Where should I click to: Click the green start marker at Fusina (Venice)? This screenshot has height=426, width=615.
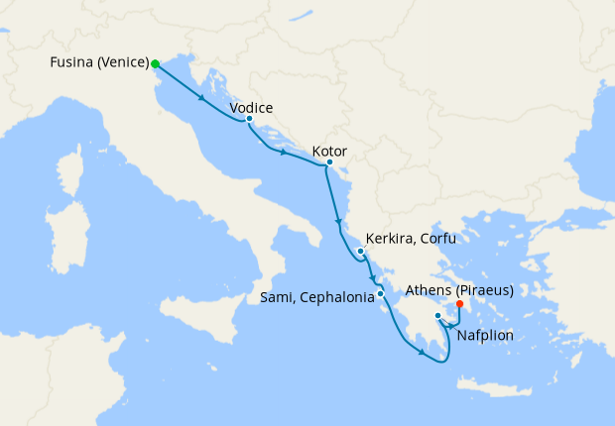click(156, 63)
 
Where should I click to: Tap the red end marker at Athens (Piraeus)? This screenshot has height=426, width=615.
click(459, 305)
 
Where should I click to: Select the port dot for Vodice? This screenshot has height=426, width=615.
click(249, 119)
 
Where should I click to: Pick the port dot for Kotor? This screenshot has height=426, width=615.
click(329, 162)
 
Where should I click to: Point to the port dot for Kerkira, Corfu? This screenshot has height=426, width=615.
click(360, 251)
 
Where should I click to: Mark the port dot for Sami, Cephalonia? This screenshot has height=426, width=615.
click(380, 294)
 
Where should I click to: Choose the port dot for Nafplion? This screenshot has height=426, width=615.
click(437, 316)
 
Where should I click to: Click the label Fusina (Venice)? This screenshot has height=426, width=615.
click(98, 63)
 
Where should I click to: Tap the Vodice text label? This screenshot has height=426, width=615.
click(251, 108)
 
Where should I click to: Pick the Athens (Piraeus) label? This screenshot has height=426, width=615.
click(459, 291)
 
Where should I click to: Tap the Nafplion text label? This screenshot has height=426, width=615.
click(485, 335)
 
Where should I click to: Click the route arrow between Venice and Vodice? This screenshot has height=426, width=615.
click(203, 98)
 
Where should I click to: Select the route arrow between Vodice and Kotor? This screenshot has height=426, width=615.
click(285, 154)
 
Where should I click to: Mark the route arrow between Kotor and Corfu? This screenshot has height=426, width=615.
click(339, 220)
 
